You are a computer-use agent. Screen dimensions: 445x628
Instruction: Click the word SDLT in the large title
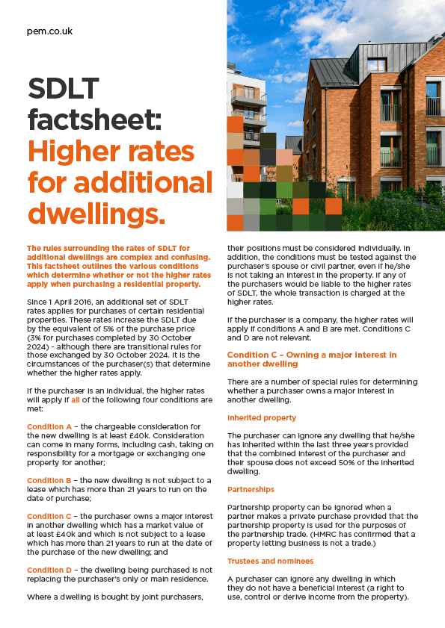pyautogui.click(x=64, y=90)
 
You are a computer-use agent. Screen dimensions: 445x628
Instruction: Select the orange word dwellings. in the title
pyautogui.click(x=96, y=213)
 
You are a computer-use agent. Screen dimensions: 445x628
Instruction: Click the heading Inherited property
pyautogui.click(x=262, y=417)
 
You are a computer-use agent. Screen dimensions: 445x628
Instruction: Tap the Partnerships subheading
pyautogui.click(x=251, y=489)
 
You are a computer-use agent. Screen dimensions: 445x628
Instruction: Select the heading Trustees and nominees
pyautogui.click(x=270, y=561)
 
